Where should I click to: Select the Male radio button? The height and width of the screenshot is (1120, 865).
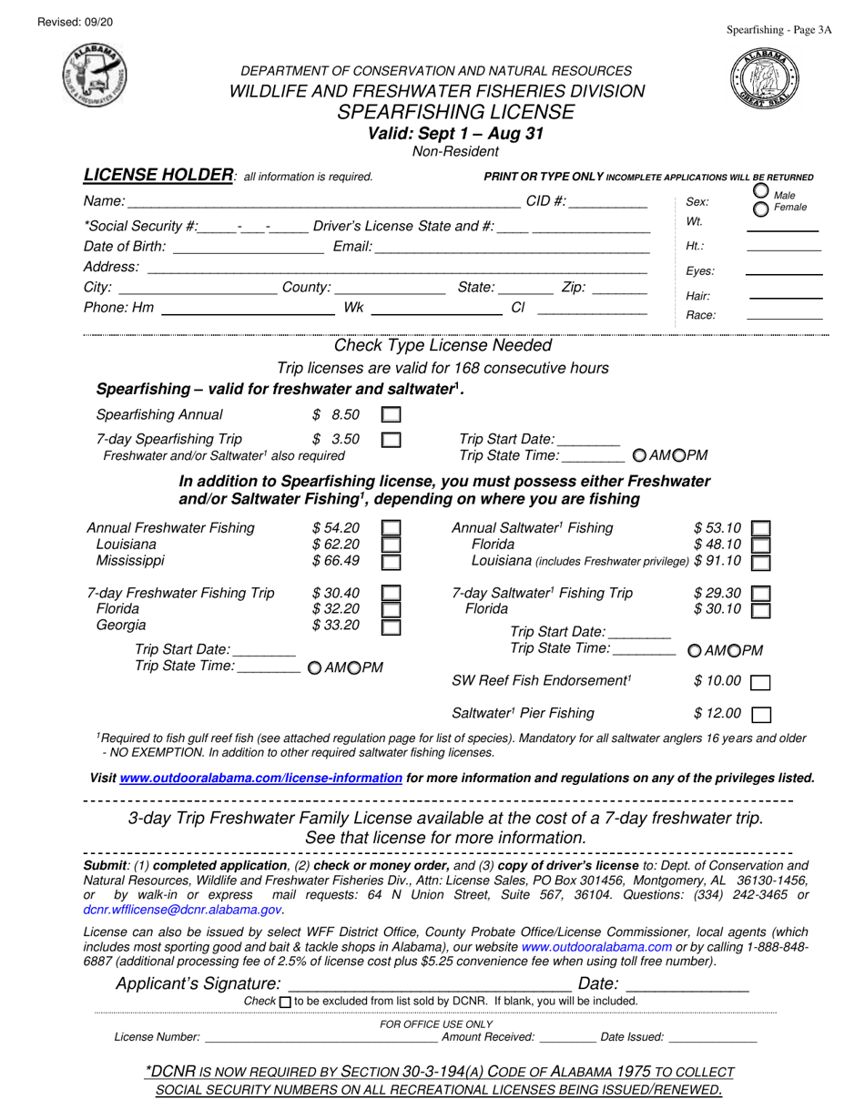point(761,191)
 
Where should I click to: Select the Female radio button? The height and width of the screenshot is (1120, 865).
point(761,209)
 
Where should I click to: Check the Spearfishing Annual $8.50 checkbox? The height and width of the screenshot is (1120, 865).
point(391,415)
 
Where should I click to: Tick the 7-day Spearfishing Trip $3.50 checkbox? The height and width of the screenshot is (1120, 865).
point(391,439)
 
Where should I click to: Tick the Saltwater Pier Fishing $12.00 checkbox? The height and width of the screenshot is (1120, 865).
point(760,715)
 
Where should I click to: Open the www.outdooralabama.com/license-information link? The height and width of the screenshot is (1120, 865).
point(260,779)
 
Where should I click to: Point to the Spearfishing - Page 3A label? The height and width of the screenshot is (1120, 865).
point(778,30)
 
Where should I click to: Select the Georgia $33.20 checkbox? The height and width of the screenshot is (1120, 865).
point(391,626)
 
